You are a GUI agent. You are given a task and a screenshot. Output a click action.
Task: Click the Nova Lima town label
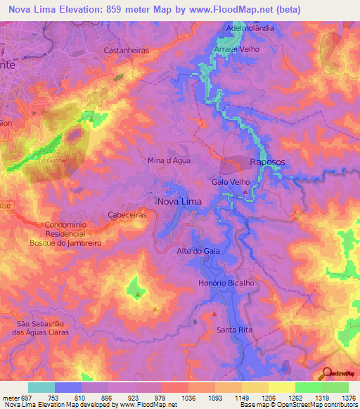point(179,201)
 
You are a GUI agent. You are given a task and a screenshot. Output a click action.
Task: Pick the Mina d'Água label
point(169,160)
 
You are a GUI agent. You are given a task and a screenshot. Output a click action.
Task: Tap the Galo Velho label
point(231,181)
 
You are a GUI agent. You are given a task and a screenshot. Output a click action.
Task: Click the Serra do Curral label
point(50,155)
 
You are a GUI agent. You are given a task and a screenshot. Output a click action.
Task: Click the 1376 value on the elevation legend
point(349,398)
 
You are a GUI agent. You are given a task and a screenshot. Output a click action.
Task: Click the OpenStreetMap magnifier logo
point(328,374)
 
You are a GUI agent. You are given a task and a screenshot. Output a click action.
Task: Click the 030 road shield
point(6,205)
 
